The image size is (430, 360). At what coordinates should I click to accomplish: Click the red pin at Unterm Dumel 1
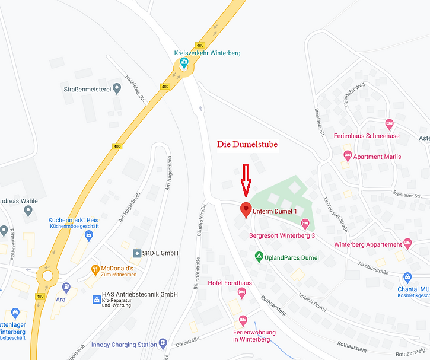[x=244, y=209]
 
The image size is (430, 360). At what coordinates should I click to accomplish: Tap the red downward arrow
[x=246, y=179]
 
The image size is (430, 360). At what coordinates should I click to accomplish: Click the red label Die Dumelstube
[x=247, y=144]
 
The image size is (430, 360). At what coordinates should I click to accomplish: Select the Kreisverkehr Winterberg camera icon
[x=184, y=62]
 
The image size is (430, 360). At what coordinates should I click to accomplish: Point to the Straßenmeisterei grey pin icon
[x=117, y=88]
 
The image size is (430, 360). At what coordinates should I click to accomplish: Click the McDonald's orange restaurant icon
[x=95, y=269]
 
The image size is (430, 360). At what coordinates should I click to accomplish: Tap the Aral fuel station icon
[x=66, y=288]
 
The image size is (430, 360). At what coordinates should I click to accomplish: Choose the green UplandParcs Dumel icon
[x=259, y=257]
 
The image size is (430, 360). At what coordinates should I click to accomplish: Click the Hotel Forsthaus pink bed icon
[x=241, y=292]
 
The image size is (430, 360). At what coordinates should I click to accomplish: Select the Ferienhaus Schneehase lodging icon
[x=389, y=124]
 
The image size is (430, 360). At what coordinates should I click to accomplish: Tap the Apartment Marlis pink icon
[x=348, y=156]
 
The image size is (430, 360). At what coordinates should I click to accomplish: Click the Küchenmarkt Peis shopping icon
[x=89, y=235]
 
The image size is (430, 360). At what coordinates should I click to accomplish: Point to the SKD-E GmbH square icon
[x=137, y=253]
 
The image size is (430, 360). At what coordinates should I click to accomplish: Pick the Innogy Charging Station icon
[x=163, y=344]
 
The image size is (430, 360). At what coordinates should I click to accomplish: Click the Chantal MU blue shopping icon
[x=407, y=277]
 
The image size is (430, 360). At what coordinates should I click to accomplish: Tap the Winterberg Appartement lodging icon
[x=407, y=244]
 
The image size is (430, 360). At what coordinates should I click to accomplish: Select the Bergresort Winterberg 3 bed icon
[x=305, y=224]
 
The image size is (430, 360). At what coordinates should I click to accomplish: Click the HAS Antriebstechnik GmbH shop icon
[x=96, y=300]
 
